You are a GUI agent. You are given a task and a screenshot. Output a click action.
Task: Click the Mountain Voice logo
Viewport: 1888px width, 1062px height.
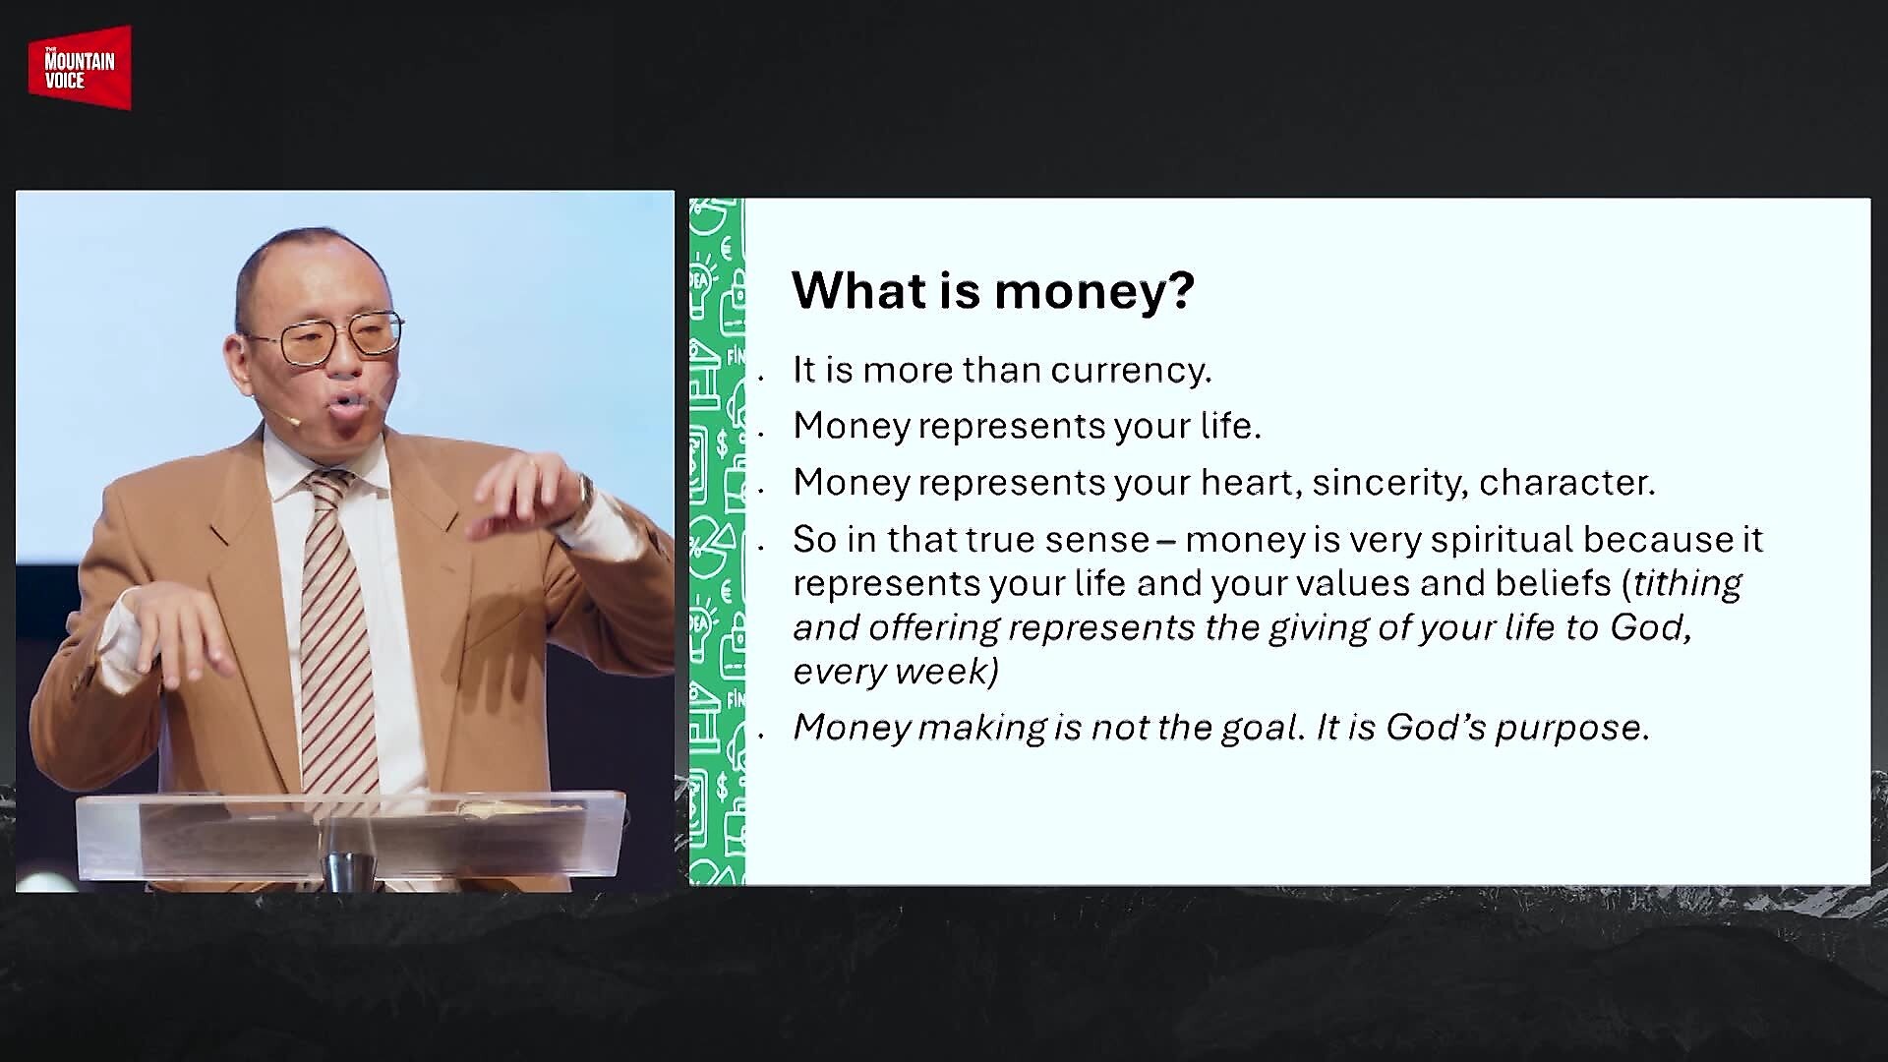[80, 67]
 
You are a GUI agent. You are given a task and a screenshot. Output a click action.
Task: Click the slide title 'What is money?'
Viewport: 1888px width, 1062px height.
[993, 290]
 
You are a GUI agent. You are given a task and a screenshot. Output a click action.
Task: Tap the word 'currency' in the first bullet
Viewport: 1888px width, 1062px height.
[1130, 371]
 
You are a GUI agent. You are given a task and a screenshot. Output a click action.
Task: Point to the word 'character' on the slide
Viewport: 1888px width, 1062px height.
[1567, 482]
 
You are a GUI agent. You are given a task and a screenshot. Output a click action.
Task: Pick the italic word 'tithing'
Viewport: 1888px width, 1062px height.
[1687, 584]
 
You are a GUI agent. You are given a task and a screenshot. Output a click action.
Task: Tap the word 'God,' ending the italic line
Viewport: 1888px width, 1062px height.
[1651, 627]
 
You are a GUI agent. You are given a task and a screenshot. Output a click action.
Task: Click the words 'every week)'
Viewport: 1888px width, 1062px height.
[895, 672]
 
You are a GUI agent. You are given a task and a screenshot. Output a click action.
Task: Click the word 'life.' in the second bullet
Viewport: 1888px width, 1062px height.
[1228, 426]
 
